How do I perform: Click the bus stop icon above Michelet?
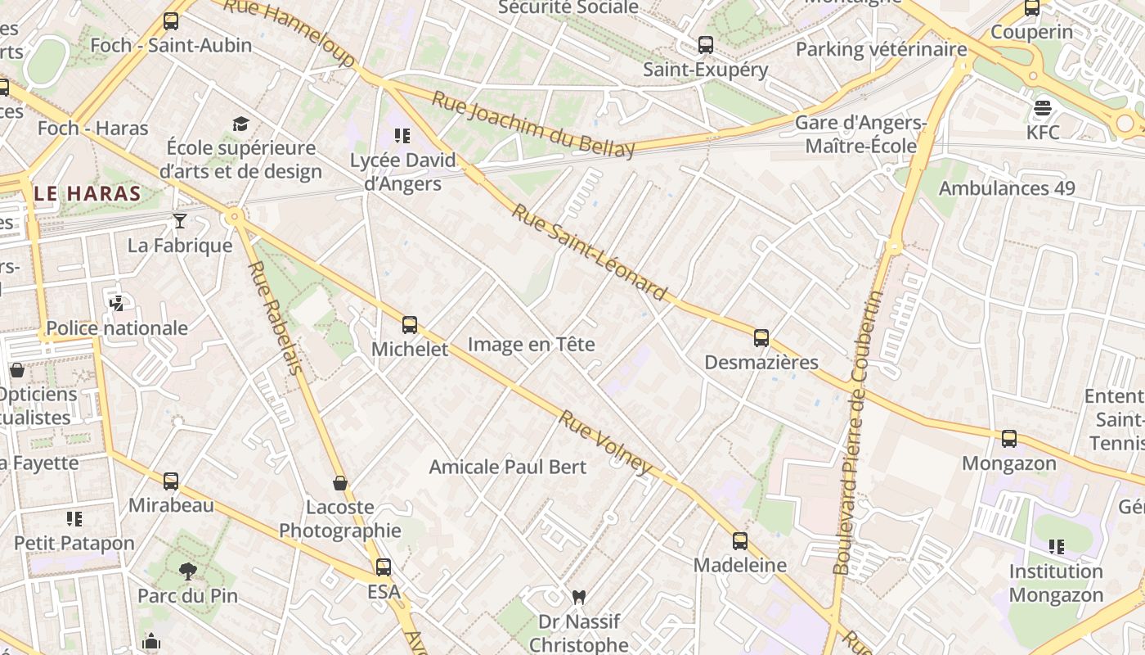[410, 325]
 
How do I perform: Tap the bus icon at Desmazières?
[761, 337]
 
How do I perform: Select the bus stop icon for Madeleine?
[740, 540]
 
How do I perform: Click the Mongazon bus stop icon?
[1009, 439]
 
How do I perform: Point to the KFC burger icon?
[1042, 108]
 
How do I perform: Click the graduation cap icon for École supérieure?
[240, 124]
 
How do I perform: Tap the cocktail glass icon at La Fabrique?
[180, 220]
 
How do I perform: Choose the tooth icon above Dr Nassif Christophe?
[579, 597]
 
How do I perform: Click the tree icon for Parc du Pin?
[188, 571]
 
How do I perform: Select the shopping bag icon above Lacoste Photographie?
[340, 483]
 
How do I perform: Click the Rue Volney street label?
[605, 443]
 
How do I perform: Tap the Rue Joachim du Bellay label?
[532, 125]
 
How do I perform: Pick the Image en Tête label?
[531, 345]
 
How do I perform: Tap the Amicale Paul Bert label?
[508, 467]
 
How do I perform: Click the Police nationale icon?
[116, 304]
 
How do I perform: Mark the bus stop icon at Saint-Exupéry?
[706, 45]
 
